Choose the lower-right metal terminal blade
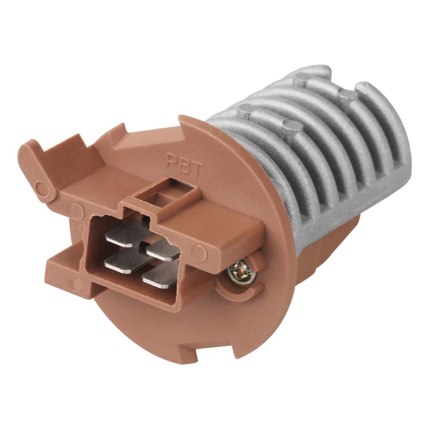click(161, 277)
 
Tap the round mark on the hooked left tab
click(41, 186)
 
